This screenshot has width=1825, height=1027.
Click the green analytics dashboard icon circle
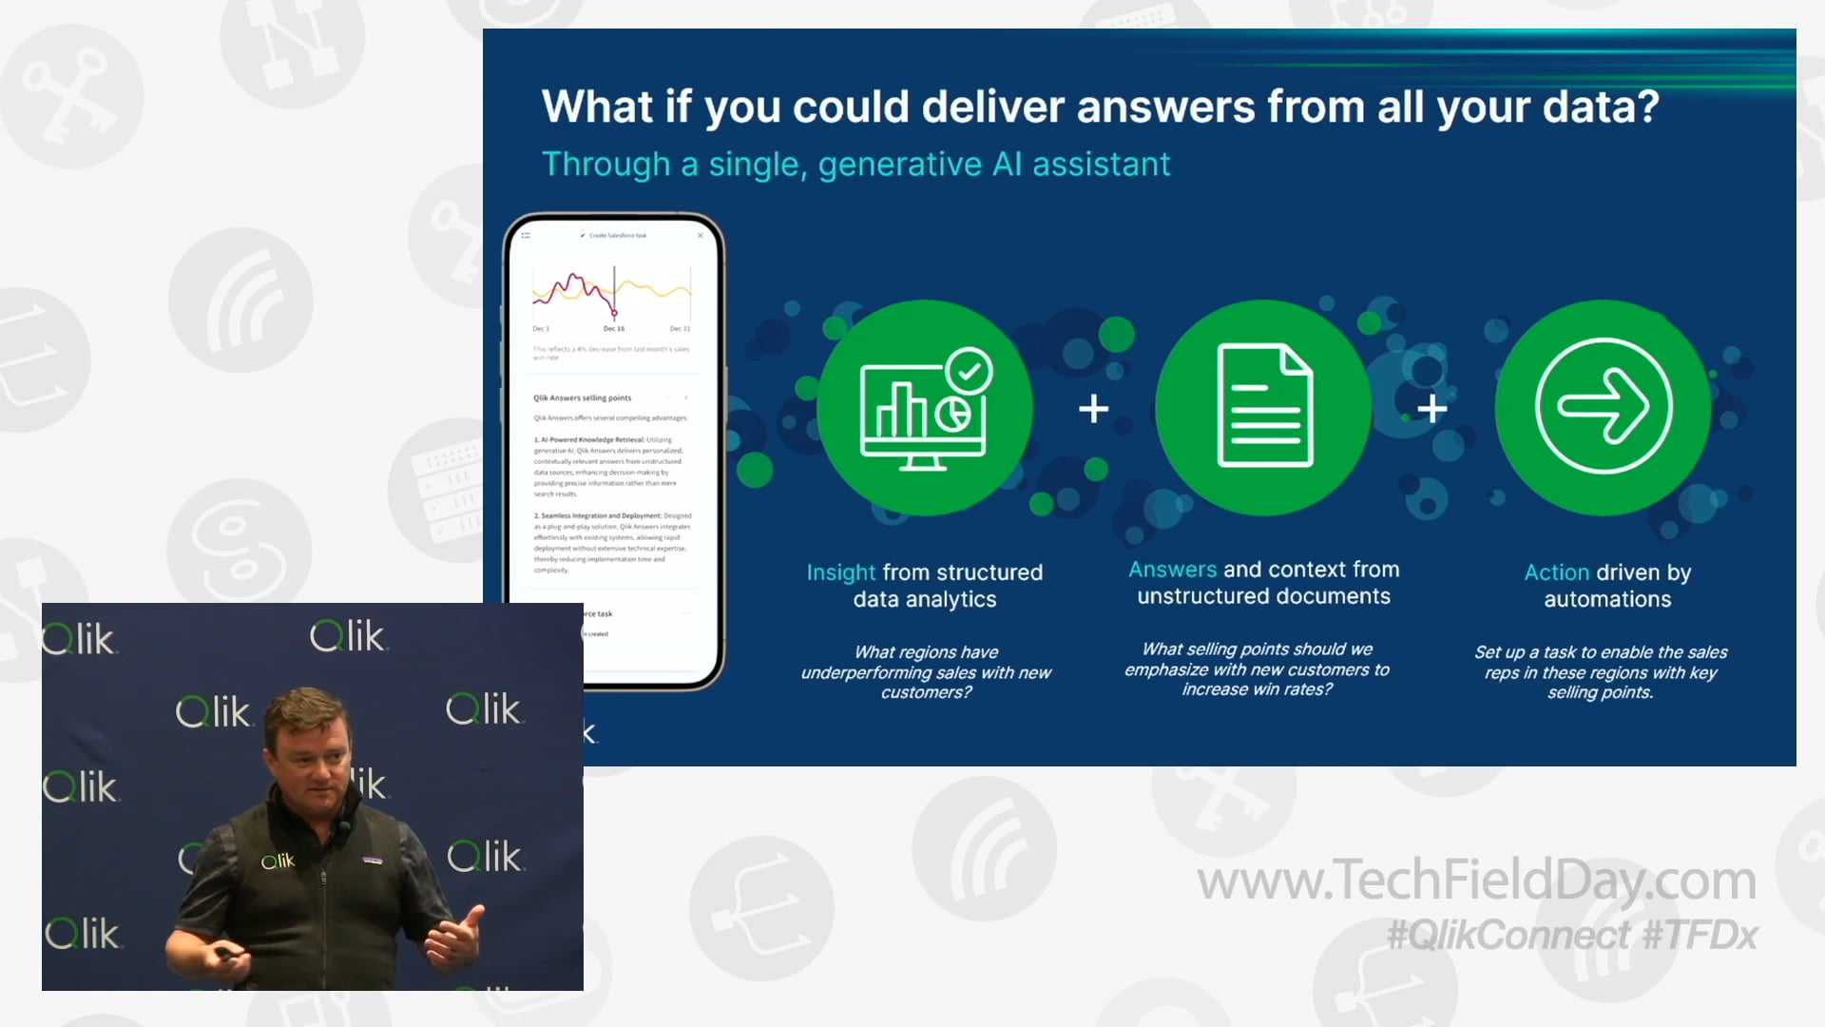924,409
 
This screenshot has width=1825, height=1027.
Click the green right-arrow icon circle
1604,407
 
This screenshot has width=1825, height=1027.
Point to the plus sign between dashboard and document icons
1094,409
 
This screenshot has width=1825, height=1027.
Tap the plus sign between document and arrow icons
1432,410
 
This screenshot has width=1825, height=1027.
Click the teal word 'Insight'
840,572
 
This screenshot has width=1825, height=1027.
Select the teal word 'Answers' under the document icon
1171,570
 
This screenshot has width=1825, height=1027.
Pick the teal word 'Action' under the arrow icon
1556,572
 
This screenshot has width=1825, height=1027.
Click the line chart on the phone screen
612,290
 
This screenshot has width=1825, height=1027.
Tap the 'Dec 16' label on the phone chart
614,329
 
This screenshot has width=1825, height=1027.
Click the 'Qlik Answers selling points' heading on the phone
582,398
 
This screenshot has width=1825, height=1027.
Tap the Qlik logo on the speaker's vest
279,862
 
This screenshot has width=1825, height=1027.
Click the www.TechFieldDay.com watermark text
1476,881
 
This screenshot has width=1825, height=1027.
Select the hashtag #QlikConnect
1508,936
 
